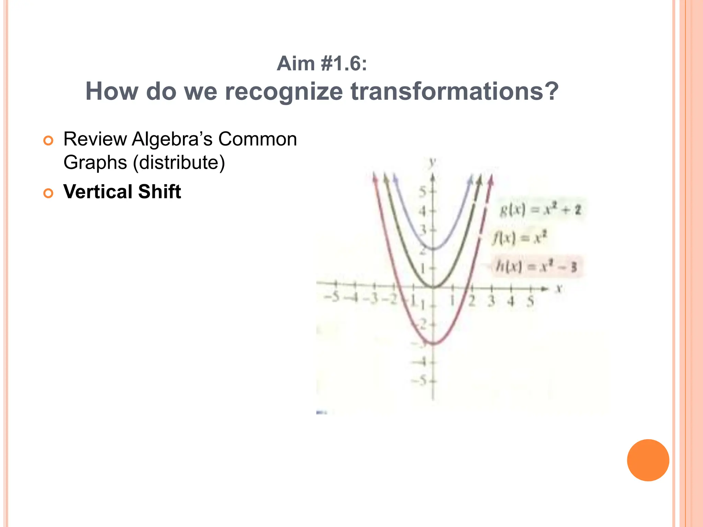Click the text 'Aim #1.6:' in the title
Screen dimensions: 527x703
tap(322, 64)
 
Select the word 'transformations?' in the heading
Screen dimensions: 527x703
tap(454, 92)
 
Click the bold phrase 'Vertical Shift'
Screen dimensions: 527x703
tap(122, 191)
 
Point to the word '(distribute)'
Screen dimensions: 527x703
tap(178, 162)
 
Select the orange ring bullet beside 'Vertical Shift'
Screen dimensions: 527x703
tap(48, 193)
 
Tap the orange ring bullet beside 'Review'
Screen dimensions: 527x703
tap(48, 141)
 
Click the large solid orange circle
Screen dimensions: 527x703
tap(648, 460)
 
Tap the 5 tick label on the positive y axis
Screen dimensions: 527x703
tap(423, 192)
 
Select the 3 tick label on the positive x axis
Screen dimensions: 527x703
tap(492, 301)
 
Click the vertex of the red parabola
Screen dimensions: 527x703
tap(434, 343)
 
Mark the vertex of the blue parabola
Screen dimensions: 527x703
tap(434, 249)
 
